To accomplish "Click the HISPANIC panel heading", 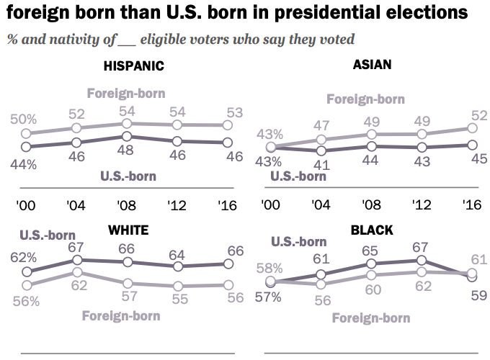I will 134,66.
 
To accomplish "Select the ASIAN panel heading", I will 372,65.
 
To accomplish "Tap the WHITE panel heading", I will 128,230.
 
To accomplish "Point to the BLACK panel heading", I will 371,230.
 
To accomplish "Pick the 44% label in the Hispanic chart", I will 23,163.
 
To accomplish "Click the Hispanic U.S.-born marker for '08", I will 126,136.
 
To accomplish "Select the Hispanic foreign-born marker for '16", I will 226,125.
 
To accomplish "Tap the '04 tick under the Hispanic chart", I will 76,204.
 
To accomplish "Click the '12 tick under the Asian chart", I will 423,204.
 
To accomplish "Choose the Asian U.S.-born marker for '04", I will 321,151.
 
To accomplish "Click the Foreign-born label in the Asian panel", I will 365,99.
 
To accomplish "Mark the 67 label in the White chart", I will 77,247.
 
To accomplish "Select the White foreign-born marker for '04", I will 77,273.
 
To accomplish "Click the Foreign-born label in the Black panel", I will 370,318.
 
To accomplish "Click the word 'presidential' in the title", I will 300,12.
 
